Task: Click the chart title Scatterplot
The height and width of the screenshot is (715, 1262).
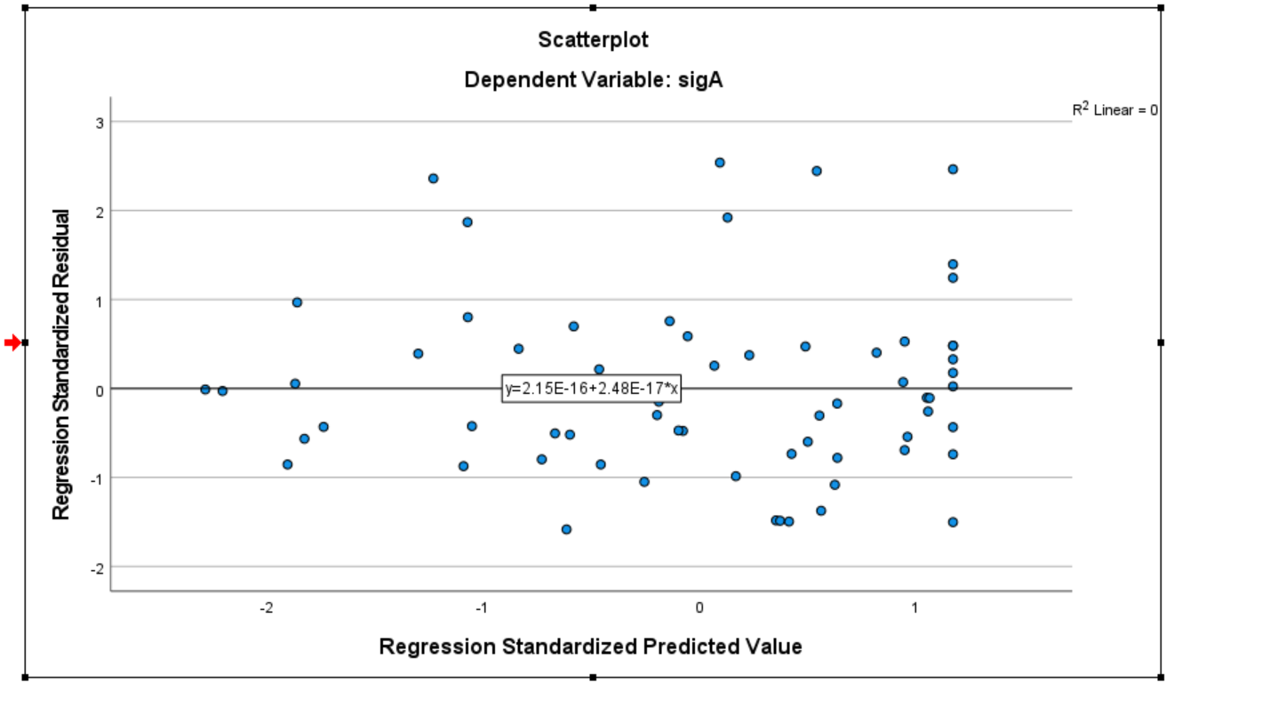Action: tap(593, 40)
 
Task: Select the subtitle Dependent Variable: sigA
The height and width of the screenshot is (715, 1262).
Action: tap(593, 80)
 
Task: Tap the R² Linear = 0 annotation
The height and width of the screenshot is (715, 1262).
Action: tap(1114, 110)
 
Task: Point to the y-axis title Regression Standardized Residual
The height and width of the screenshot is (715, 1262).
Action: tap(61, 365)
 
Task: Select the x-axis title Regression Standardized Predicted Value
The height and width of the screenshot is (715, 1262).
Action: tap(590, 647)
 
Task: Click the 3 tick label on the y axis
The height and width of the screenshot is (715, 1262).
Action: tap(100, 123)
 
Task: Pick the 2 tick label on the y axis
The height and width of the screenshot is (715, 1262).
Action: tap(100, 212)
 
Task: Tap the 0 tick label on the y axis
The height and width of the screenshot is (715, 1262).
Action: tap(100, 390)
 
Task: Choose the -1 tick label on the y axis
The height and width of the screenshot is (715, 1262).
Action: tap(97, 478)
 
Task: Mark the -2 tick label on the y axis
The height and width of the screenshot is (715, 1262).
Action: tap(97, 567)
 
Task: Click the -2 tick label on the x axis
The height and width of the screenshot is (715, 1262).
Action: tap(265, 607)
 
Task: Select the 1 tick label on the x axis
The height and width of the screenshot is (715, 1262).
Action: tap(915, 607)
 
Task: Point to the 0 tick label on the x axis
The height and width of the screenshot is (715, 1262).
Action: tap(699, 607)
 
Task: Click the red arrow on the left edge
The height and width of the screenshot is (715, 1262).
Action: tap(12, 342)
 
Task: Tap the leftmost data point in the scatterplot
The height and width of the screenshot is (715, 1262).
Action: tap(205, 390)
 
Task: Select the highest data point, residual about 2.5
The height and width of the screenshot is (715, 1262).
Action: tap(720, 163)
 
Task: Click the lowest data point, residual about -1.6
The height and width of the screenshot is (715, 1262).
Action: tap(566, 529)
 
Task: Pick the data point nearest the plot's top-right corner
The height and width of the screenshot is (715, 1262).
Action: tap(953, 169)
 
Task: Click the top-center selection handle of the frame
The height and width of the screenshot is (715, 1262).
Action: tap(593, 7)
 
